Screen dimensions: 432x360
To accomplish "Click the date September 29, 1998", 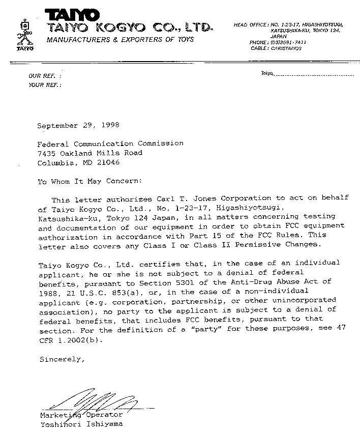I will click(78, 125).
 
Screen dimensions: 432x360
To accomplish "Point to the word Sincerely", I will click(61, 359).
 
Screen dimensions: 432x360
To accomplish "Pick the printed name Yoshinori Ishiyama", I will click(81, 423).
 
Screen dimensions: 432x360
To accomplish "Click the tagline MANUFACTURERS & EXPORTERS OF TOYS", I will click(120, 39).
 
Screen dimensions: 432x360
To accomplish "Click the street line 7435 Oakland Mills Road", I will click(89, 153).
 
